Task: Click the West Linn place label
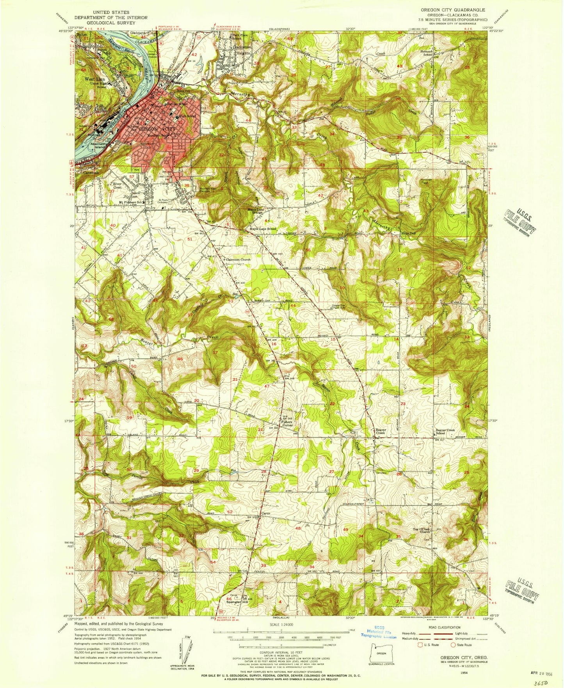point(93,79)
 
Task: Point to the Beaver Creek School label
point(445,432)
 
